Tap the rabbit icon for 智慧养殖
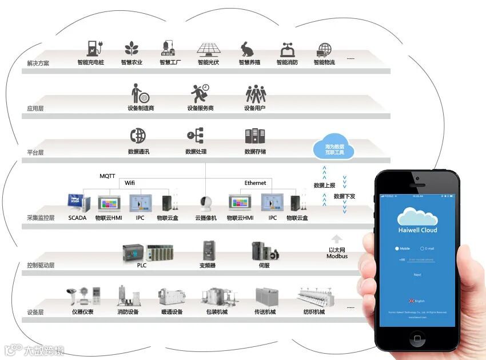pos(248,49)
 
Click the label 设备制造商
pos(141,108)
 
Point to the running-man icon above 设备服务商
pos(200,93)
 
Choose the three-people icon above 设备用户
pos(256,93)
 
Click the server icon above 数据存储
pos(255,136)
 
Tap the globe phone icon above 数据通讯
pos(138,136)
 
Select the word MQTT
pos(108,176)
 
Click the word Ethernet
pos(255,183)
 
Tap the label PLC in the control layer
pos(142,265)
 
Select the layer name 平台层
pos(35,153)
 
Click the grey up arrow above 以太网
pos(337,239)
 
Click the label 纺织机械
pos(313,312)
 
